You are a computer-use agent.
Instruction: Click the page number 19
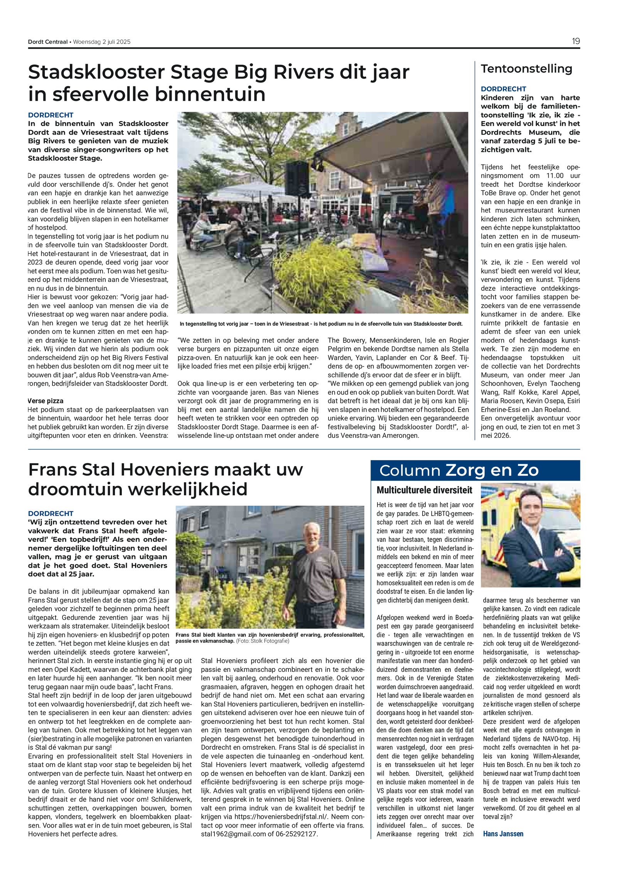(x=575, y=41)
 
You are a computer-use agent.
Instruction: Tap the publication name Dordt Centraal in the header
(x=48, y=42)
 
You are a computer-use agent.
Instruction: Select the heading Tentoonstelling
(x=526, y=69)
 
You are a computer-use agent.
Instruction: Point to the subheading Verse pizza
(x=46, y=401)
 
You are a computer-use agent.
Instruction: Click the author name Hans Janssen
(x=503, y=833)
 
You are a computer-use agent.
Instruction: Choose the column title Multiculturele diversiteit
(x=424, y=490)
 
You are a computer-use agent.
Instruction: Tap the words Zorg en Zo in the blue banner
(x=492, y=471)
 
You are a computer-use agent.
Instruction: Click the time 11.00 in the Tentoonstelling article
(x=555, y=175)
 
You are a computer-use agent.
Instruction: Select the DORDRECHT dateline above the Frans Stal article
(x=51, y=513)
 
